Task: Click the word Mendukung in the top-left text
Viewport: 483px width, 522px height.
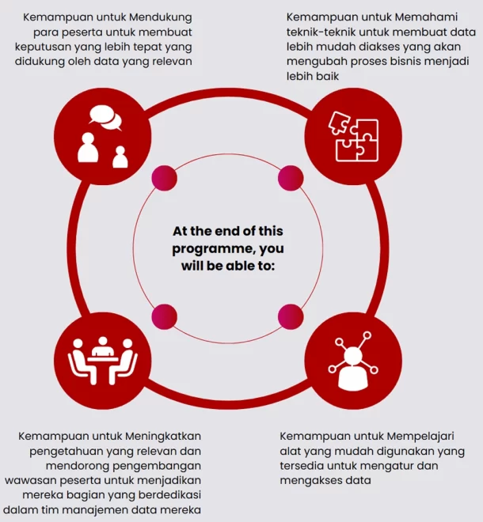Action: [x=160, y=17]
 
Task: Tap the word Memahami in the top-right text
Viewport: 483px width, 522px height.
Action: [x=426, y=17]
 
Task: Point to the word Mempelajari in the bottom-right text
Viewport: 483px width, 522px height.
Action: [x=420, y=437]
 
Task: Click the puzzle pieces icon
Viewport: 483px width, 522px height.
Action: [x=354, y=137]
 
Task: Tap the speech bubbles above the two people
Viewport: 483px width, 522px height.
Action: [x=105, y=118]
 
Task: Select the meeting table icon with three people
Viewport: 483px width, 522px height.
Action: [x=103, y=361]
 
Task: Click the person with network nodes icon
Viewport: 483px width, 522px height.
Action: [x=353, y=361]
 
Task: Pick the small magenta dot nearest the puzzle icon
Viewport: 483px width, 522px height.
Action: [x=291, y=178]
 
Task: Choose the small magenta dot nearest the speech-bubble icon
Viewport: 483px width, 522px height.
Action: [x=165, y=178]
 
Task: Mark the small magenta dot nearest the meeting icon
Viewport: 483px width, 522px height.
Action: [x=165, y=316]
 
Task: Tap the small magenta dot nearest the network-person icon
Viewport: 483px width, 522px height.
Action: [x=291, y=316]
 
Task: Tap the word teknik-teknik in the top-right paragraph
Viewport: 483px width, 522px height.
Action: [x=321, y=32]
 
